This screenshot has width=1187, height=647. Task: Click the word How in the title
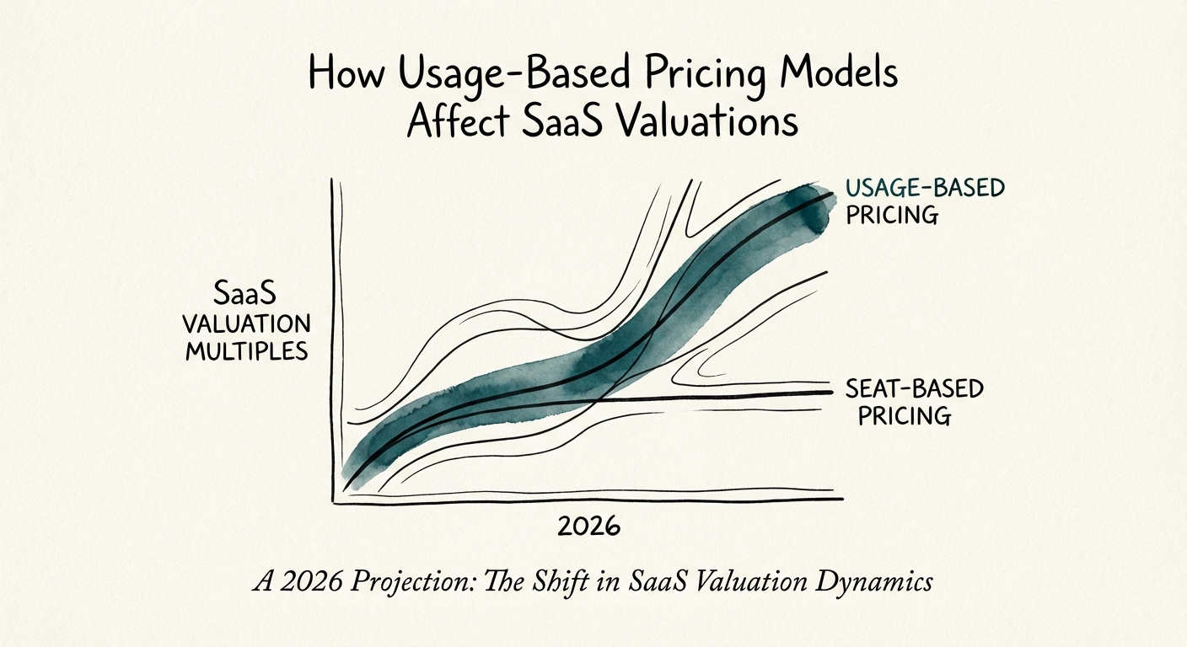click(x=341, y=74)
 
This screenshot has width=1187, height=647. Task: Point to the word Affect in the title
click(x=456, y=121)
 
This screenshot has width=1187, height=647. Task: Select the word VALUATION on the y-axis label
click(x=246, y=324)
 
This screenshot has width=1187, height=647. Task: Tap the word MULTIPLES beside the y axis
click(x=246, y=350)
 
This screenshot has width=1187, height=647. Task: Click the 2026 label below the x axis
click(x=588, y=527)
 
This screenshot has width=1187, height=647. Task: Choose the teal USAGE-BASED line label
click(x=924, y=188)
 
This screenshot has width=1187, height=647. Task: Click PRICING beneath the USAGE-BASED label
click(x=892, y=214)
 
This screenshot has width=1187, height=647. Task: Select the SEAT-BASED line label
click(x=914, y=388)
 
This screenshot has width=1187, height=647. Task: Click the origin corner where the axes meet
click(x=336, y=501)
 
